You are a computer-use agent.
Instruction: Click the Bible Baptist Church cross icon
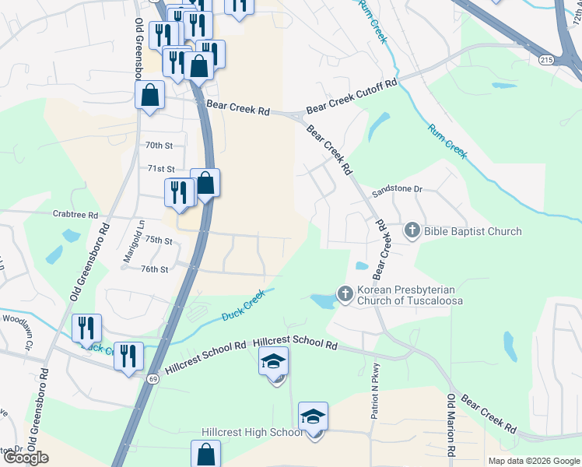pos(412,230)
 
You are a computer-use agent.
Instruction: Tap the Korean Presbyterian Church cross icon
pos(345,293)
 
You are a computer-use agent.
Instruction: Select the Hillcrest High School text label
pos(251,433)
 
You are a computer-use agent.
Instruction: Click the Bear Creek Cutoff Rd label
pos(352,98)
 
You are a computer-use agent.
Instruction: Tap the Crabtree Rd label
pos(75,215)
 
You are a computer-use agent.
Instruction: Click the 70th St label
pos(159,146)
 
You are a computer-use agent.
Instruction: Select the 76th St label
pos(155,269)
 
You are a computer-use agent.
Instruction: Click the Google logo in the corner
pos(26,458)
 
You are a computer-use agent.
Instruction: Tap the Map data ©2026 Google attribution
pos(533,461)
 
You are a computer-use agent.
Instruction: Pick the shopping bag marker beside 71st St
pos(205,184)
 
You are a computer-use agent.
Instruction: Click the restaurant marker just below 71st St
pos(180,193)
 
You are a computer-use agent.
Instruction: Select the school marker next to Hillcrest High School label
pos(313,417)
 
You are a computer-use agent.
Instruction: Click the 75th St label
pos(157,241)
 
